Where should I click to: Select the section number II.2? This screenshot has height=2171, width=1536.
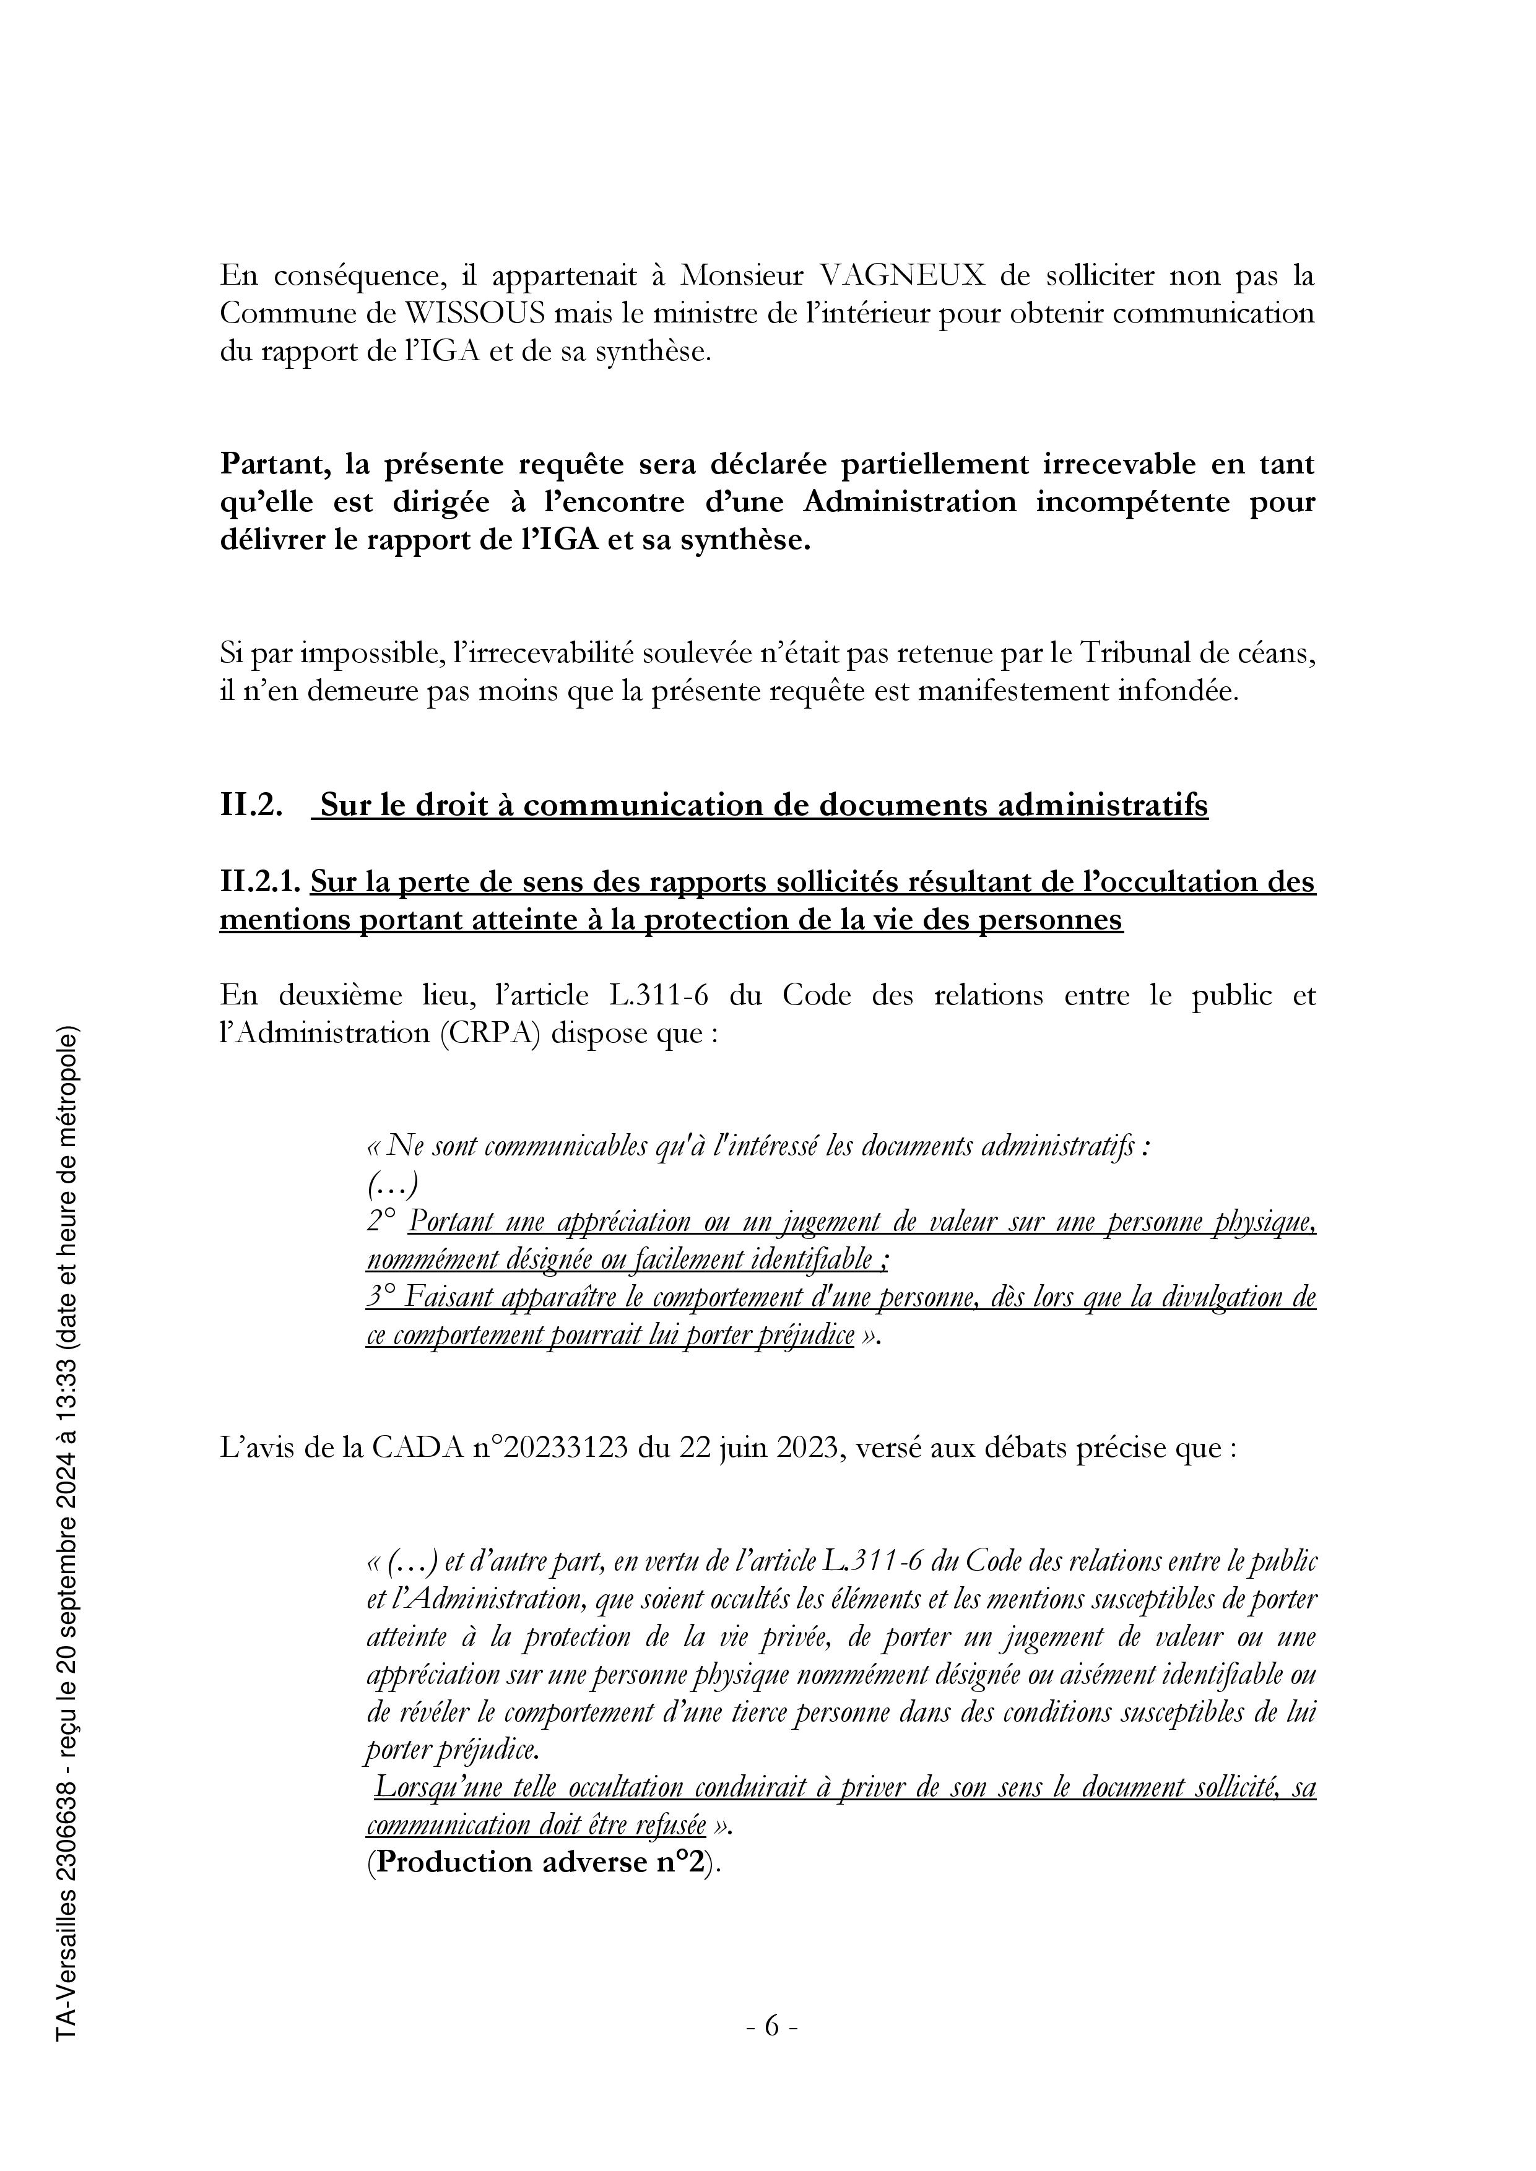coord(251,806)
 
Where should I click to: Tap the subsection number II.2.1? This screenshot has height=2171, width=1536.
coord(260,883)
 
